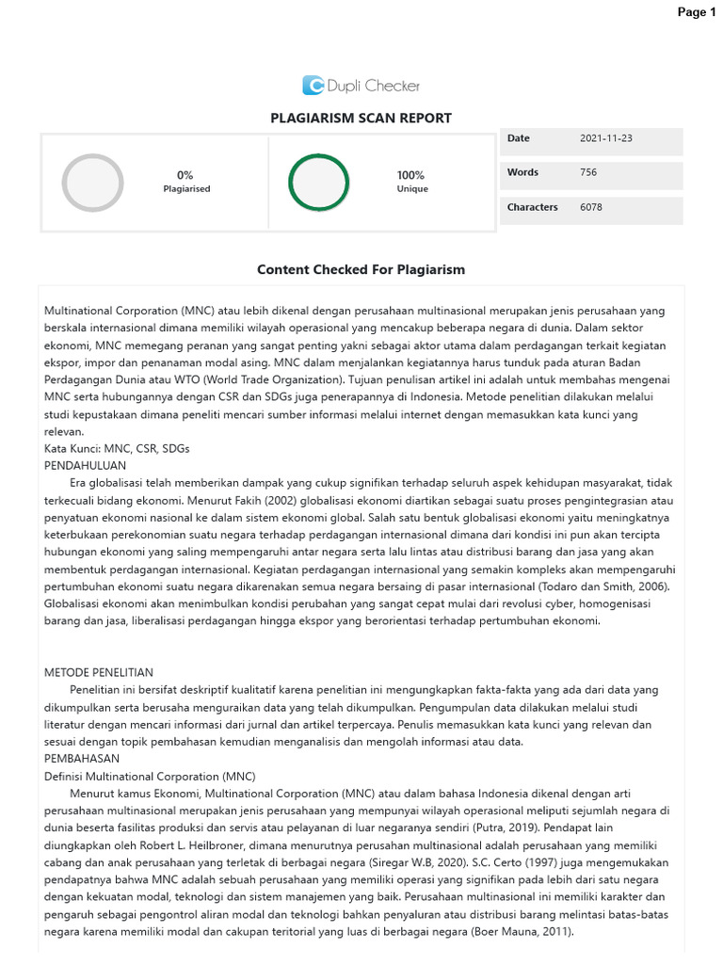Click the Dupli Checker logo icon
(313, 86)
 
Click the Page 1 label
(697, 12)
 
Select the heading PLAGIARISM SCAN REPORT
(361, 119)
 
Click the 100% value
(410, 175)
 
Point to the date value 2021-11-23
(606, 138)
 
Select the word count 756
(588, 172)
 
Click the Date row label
(519, 138)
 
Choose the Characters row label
(532, 207)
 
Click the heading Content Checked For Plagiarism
(361, 270)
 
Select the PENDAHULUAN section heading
(86, 465)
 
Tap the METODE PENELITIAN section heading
(99, 672)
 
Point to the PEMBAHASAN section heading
(83, 758)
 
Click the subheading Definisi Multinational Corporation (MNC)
(150, 776)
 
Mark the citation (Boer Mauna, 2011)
(522, 932)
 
